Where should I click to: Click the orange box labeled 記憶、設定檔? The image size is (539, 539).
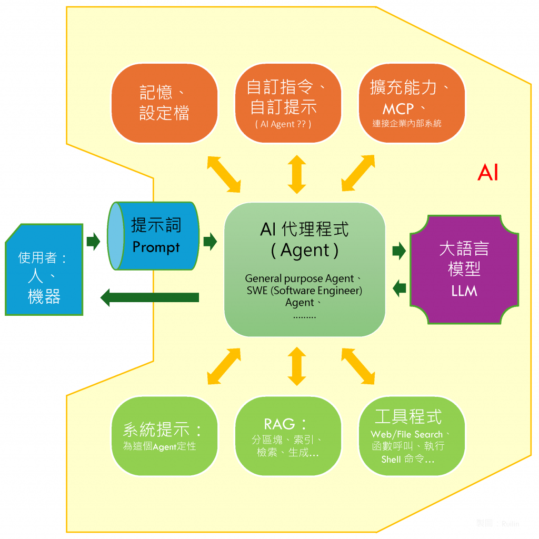point(164,103)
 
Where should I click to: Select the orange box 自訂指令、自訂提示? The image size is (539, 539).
point(287,103)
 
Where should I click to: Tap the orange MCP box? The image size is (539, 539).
point(412,103)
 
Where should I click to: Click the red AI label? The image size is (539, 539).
point(487,173)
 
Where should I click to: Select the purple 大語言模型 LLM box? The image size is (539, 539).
point(464,269)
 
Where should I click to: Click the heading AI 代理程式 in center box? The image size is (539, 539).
point(304,229)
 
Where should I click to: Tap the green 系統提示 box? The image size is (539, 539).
point(164,436)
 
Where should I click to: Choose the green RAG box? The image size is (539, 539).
point(287,436)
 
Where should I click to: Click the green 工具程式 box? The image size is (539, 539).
point(412,436)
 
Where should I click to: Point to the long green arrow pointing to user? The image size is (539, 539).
point(149,297)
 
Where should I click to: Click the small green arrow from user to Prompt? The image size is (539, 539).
point(93,242)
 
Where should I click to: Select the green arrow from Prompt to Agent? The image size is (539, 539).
point(210,242)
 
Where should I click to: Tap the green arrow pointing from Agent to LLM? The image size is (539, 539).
point(399,251)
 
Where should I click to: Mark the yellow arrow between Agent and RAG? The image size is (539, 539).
point(297,366)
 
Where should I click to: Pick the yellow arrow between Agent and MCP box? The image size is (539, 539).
point(358,173)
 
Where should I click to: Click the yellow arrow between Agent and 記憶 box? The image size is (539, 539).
point(224,173)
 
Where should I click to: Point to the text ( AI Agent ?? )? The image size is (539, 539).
point(283,124)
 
